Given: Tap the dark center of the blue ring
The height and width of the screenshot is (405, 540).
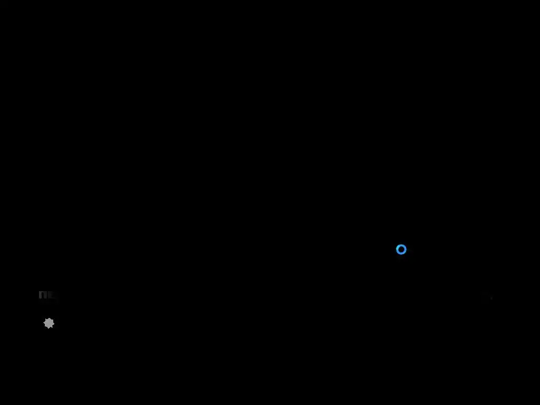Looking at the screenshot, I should click(x=401, y=249).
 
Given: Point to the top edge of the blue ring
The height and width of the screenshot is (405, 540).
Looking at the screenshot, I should click(x=401, y=245).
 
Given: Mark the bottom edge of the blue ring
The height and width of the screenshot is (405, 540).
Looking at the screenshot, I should click(x=401, y=254).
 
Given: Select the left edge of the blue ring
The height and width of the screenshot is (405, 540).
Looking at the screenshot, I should click(x=397, y=249).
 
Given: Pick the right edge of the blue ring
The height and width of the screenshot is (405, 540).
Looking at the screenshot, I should click(x=406, y=249).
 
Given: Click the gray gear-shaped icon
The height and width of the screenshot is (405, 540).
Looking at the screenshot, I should click(x=49, y=323).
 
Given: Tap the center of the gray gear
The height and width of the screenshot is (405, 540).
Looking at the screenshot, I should click(x=49, y=323).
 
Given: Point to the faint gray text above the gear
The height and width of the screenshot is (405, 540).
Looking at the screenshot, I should click(x=46, y=295).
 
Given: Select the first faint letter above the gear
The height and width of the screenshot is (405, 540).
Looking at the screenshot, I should click(x=43, y=295).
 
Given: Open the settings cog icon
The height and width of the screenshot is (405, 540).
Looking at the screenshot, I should click(x=49, y=323).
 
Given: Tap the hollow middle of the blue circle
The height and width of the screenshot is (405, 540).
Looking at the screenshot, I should click(x=401, y=249).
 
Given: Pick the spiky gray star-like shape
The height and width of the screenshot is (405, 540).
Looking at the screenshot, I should click(x=49, y=323).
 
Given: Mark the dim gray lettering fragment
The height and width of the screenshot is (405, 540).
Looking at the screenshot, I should click(x=46, y=295).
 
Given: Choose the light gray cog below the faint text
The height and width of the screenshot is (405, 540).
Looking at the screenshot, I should click(x=49, y=323).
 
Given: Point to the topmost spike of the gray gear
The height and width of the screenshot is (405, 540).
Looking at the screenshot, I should click(x=49, y=318).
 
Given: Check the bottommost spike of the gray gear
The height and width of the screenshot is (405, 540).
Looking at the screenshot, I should click(x=49, y=329).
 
